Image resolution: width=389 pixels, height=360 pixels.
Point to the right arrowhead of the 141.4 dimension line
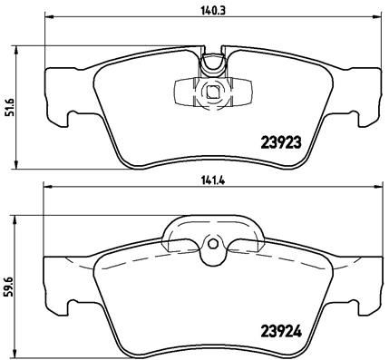pos(376,187)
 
